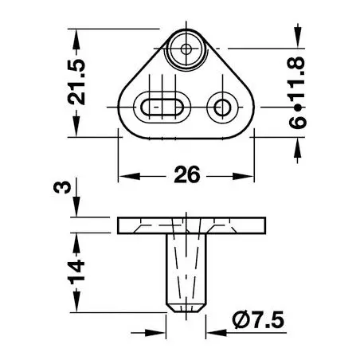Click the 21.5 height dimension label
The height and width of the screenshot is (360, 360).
[x=76, y=82]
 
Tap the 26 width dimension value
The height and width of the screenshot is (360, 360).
[x=186, y=175]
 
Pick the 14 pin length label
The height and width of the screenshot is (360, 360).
[x=76, y=272]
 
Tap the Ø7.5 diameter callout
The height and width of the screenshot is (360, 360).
[x=258, y=320]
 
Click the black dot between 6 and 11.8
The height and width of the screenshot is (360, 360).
[x=298, y=108]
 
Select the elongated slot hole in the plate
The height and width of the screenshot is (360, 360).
[x=162, y=108]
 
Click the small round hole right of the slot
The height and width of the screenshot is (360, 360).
[x=222, y=108]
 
